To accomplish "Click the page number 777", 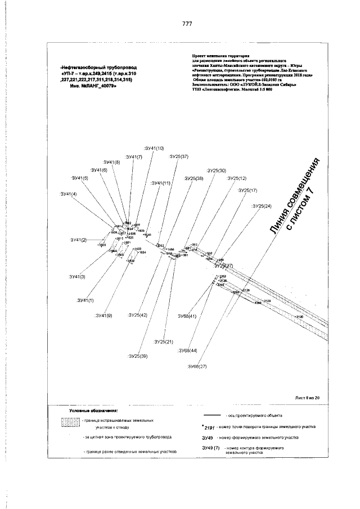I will point(187,24).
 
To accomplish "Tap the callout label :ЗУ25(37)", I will point(179,156).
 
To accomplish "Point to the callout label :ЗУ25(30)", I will point(216,170).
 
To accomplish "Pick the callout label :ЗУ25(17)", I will point(247,190).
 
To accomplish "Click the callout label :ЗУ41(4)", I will point(69,193).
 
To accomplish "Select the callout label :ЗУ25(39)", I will point(137,356).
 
